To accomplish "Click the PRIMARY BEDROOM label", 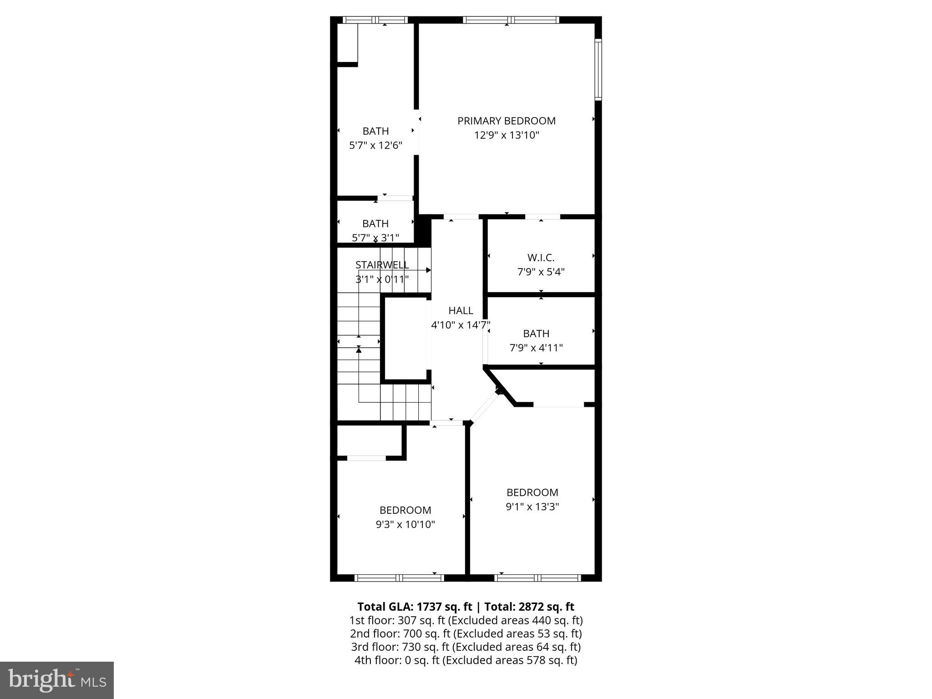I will (x=506, y=121).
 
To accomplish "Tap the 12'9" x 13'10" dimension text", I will (x=506, y=135).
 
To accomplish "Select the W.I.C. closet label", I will (x=541, y=258).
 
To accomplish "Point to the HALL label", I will (x=461, y=311).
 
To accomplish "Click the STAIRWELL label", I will (x=382, y=265).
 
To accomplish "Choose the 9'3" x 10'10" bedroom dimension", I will (x=405, y=524).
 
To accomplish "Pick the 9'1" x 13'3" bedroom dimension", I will (x=532, y=507).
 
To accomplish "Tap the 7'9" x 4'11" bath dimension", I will (x=536, y=348).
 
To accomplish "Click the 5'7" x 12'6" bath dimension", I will (x=375, y=146).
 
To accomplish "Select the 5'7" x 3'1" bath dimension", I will (x=375, y=238).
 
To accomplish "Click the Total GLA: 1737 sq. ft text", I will (x=415, y=607).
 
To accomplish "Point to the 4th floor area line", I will (x=466, y=660).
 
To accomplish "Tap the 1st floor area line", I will (x=466, y=620).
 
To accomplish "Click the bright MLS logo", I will (x=57, y=680).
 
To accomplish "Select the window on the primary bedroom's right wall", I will (x=598, y=70).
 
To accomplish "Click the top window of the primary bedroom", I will (x=511, y=20).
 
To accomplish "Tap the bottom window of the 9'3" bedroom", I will (x=399, y=578).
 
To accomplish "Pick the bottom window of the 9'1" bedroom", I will (x=537, y=578).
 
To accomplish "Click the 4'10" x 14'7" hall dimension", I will (x=461, y=325).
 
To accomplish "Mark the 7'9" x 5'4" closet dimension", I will (x=541, y=272).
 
